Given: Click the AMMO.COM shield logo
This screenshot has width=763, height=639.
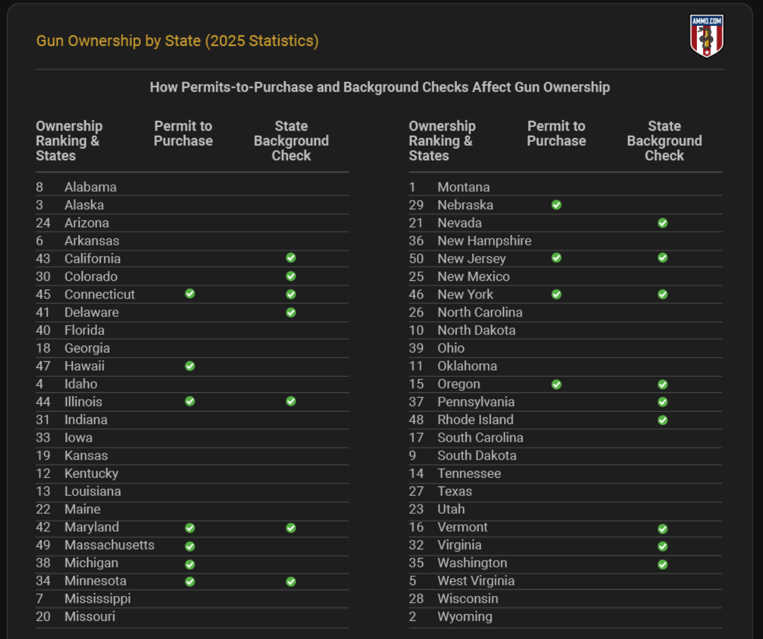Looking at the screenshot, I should pyautogui.click(x=706, y=36).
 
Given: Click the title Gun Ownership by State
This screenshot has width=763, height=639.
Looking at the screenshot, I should pyautogui.click(x=177, y=41).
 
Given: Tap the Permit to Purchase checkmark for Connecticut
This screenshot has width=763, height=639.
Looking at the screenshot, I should pyautogui.click(x=190, y=293).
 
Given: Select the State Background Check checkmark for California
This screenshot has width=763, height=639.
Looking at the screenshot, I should pyautogui.click(x=291, y=258).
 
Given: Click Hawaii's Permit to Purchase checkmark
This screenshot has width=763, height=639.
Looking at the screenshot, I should pyautogui.click(x=190, y=366).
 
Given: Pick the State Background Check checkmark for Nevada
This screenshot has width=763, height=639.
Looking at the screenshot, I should pyautogui.click(x=663, y=223).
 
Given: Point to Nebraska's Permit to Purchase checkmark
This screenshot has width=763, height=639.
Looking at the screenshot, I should pyautogui.click(x=556, y=205).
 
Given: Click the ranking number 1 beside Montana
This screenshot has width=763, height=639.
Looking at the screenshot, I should pyautogui.click(x=412, y=187).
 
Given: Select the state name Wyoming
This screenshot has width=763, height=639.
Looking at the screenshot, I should pyautogui.click(x=464, y=617).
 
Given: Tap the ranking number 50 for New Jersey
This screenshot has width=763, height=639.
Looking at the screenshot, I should pyautogui.click(x=416, y=258).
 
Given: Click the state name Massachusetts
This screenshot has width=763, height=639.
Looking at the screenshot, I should pyautogui.click(x=109, y=545).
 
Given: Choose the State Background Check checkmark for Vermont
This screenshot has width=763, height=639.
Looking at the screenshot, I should pyautogui.click(x=663, y=528).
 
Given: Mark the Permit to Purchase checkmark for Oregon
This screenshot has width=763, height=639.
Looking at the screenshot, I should pyautogui.click(x=556, y=384).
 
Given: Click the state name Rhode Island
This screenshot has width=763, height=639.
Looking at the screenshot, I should pyautogui.click(x=475, y=420).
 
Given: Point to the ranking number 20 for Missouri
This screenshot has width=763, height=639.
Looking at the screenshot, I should pyautogui.click(x=43, y=617).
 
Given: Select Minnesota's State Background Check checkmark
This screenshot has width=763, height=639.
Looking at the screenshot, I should pyautogui.click(x=291, y=582).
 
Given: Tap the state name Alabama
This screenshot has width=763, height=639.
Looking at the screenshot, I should pyautogui.click(x=90, y=187).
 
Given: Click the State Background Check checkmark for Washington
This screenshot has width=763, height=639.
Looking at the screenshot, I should pyautogui.click(x=663, y=564).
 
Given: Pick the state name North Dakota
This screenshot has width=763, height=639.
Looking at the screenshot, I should pyautogui.click(x=476, y=330).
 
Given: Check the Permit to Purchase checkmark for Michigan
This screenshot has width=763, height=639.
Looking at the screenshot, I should pyautogui.click(x=190, y=564).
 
